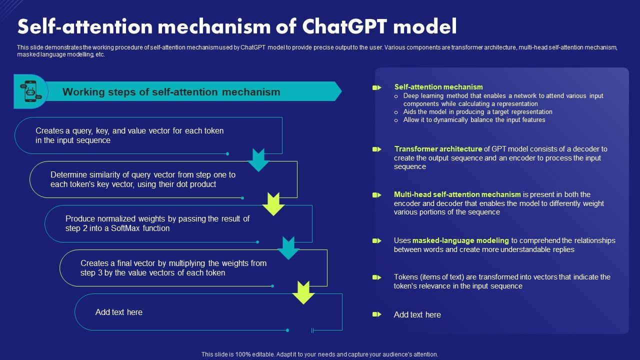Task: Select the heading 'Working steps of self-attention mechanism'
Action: tap(171, 92)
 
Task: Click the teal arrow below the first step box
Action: tap(258, 159)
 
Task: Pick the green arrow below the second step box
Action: tap(273, 203)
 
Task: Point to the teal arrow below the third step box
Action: tap(288, 247)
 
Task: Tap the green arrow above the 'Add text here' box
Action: tap(303, 292)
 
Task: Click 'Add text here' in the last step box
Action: tap(119, 312)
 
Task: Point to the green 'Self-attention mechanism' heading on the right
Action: tap(438, 87)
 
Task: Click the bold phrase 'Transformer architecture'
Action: tap(438, 149)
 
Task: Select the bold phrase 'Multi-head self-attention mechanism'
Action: tap(457, 194)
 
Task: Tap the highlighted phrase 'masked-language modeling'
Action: tap(460, 240)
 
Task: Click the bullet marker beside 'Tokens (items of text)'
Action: tap(376, 277)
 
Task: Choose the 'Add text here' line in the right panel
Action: tap(417, 315)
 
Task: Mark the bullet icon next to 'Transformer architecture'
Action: tap(376, 149)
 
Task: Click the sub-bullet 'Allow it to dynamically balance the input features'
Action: tap(474, 120)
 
